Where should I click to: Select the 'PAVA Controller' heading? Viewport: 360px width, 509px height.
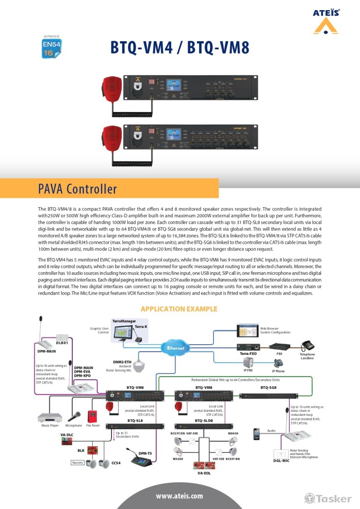tap(77, 189)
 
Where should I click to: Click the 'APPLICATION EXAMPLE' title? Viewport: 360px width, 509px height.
tap(179, 309)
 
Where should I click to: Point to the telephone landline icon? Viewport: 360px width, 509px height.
tap(307, 345)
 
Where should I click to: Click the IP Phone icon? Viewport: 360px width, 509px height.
tap(279, 363)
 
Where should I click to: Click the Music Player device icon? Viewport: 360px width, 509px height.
tap(49, 417)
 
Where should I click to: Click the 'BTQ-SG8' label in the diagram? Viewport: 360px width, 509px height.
tap(268, 387)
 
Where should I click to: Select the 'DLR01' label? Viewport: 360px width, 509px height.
tap(62, 343)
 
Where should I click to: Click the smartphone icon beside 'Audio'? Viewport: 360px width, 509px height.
tap(257, 433)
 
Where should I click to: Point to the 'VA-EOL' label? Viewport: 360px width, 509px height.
tap(204, 473)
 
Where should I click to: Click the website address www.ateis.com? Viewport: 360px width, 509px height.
tap(179, 495)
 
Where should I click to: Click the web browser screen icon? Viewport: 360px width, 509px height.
tap(247, 330)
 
